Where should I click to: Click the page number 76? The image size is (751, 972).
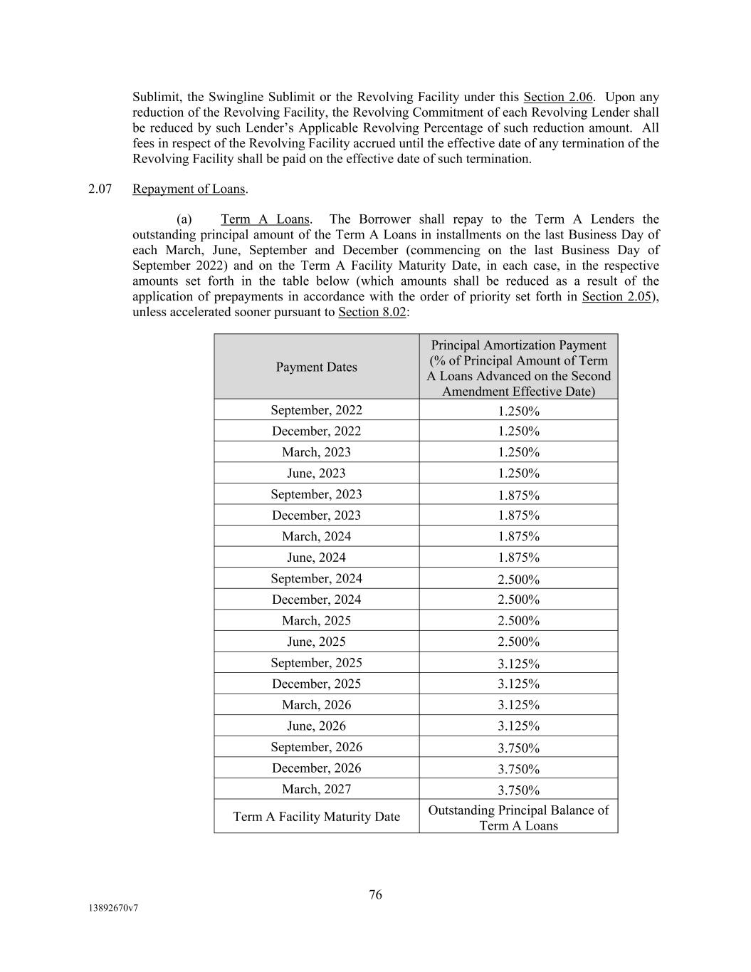click(375, 894)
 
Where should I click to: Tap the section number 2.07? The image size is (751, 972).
click(100, 189)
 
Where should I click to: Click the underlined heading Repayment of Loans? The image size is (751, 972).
click(189, 189)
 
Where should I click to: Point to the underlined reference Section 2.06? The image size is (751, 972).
click(557, 97)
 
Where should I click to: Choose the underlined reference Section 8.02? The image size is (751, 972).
click(372, 312)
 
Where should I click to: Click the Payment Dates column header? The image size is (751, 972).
click(316, 367)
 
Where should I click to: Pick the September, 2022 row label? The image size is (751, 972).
click(316, 410)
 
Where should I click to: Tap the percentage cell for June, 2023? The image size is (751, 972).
click(518, 474)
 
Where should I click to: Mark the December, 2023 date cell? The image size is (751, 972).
click(316, 516)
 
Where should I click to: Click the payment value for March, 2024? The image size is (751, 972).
click(518, 537)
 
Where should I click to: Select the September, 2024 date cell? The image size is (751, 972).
click(316, 578)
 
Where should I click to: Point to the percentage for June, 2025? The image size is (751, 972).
click(518, 642)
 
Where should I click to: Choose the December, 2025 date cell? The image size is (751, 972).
click(316, 684)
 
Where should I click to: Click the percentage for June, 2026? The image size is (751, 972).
click(518, 726)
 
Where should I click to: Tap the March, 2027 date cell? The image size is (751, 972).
click(316, 789)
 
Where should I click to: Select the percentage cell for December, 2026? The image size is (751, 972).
click(518, 769)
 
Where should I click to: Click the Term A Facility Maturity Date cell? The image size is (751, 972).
click(316, 817)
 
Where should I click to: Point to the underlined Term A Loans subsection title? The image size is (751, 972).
click(265, 219)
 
